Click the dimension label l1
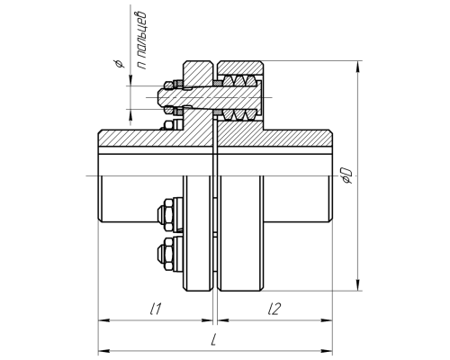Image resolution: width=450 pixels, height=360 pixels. pos(157,309)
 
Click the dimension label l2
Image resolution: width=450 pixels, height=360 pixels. pos(274,309)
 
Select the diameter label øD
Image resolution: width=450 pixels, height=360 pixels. pos(347,175)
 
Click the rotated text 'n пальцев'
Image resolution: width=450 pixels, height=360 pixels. pos(141,40)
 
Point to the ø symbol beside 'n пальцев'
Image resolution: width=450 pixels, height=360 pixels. pos(120,64)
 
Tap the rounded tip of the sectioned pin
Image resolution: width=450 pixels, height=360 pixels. pos(160,97)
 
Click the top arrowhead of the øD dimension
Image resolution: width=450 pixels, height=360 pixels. pos(357,67)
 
